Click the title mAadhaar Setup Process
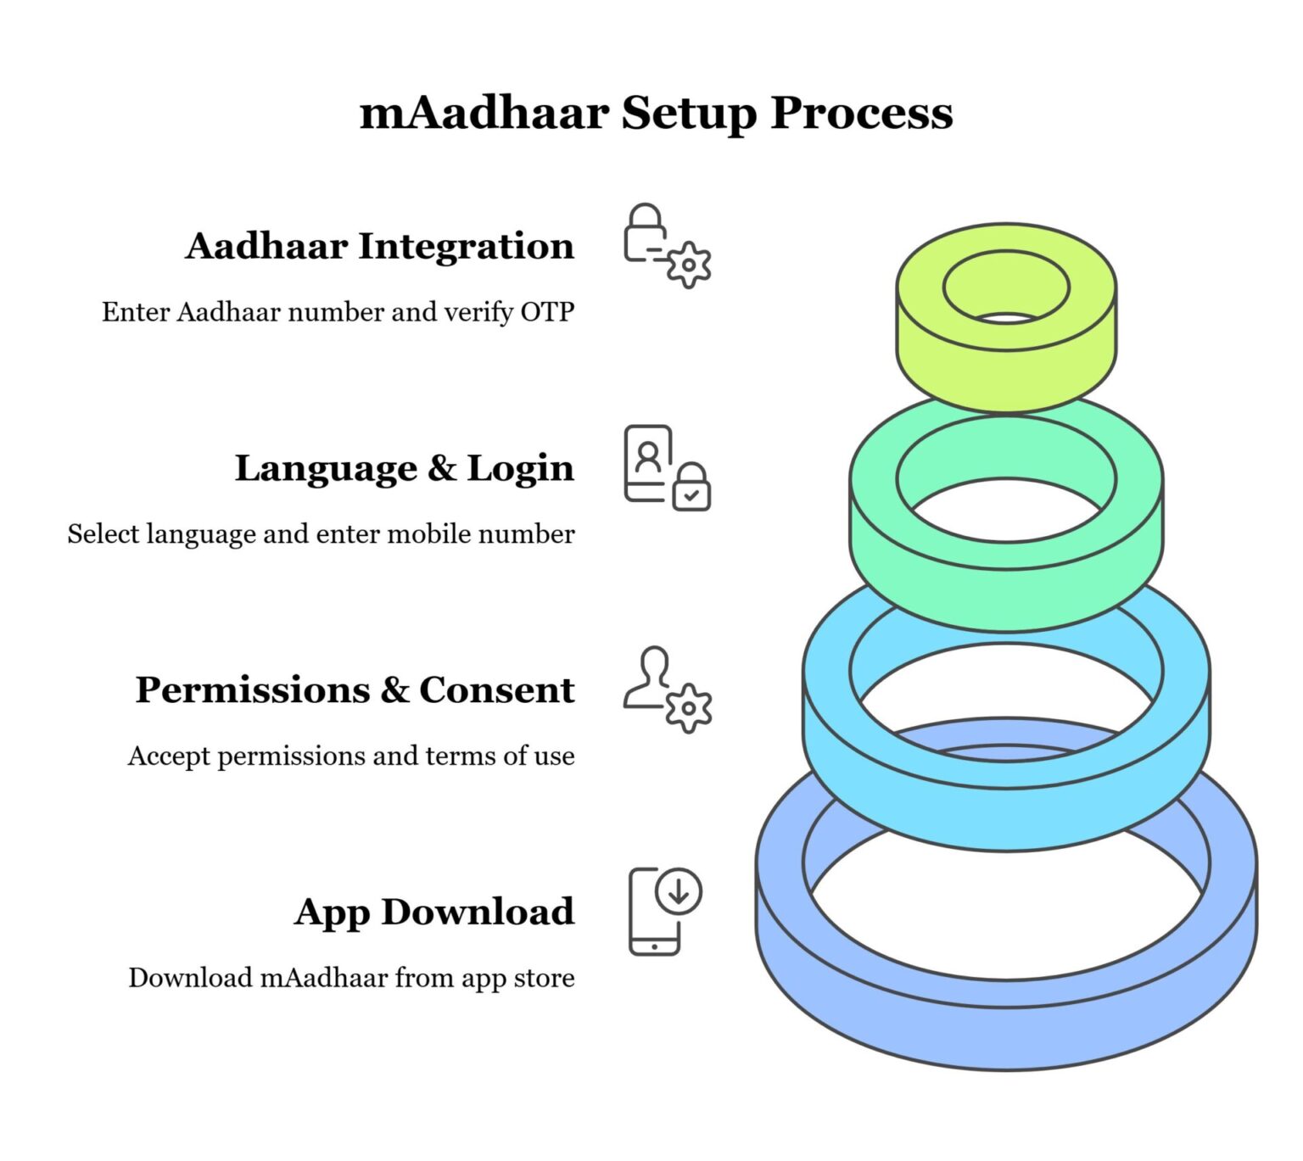point(656,113)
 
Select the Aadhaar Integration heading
point(379,247)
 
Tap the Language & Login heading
point(404,469)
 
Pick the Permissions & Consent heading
point(355,690)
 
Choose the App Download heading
point(434,913)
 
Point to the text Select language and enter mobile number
point(321,534)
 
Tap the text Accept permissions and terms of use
point(351,756)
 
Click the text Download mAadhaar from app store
point(351,978)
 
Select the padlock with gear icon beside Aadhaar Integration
point(667,246)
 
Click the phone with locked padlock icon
point(667,468)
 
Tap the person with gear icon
point(667,690)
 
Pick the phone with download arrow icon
point(665,912)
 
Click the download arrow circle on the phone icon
point(679,891)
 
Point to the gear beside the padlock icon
point(689,265)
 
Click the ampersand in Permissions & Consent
point(394,690)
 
